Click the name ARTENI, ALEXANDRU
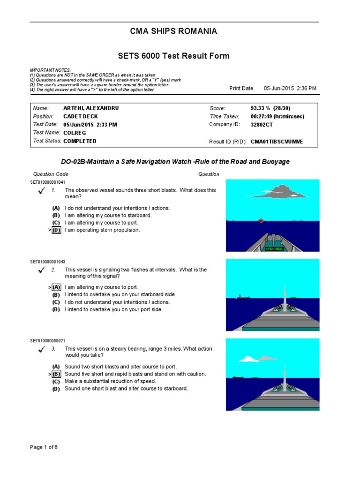[91, 108]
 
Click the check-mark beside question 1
[42, 190]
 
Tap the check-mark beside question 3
[42, 349]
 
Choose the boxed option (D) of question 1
[56, 230]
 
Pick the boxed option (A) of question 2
[56, 287]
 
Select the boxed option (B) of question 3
[56, 374]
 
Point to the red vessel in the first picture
[261, 219]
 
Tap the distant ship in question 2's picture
[243, 297]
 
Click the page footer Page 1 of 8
[44, 447]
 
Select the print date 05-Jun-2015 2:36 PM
[290, 88]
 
